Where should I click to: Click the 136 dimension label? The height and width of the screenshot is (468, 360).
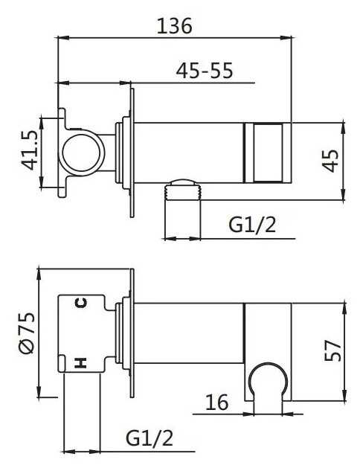tap(175, 25)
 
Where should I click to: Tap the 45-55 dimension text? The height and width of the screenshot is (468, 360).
tap(205, 71)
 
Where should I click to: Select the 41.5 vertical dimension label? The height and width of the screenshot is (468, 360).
tap(30, 151)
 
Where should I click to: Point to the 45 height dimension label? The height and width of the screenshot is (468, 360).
tap(331, 161)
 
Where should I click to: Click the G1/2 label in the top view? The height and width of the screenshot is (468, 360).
tap(252, 225)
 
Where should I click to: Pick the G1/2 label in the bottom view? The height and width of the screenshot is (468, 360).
tap(150, 438)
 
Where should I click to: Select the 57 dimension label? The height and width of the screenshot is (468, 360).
tap(332, 350)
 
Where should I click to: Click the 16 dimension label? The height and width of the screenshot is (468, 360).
tap(217, 402)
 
